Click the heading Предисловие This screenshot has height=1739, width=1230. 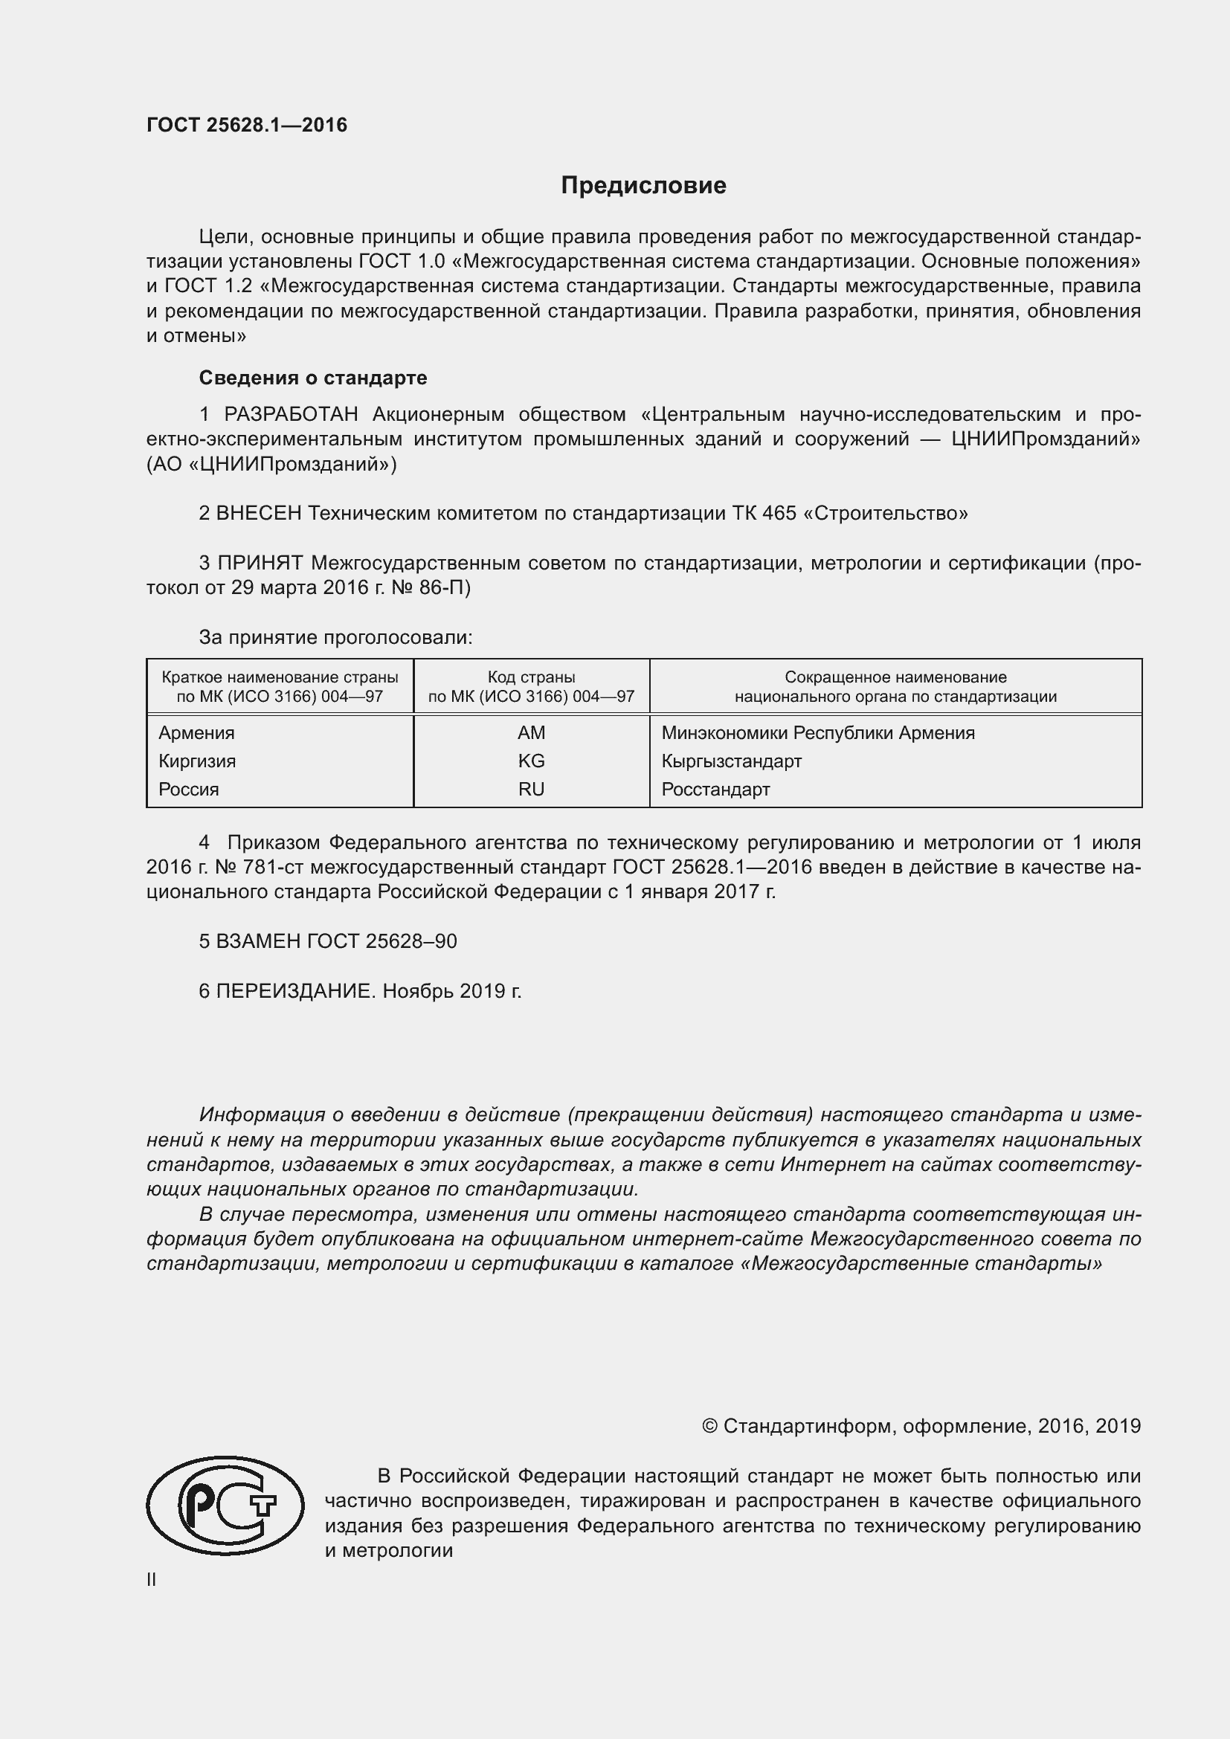point(643,186)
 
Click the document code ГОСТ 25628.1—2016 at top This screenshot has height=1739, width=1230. point(247,125)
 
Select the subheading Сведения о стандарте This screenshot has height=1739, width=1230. point(313,377)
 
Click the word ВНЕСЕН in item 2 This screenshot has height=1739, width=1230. point(258,514)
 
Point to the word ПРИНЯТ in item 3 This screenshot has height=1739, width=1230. point(260,563)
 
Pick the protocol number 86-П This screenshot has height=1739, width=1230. point(454,588)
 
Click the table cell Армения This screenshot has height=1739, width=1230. point(196,732)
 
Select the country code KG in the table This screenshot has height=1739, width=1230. point(531,761)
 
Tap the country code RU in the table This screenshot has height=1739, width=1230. point(531,790)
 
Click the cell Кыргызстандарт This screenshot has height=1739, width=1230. point(731,761)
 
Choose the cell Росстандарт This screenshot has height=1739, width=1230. point(715,790)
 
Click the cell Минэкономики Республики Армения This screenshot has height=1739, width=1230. point(818,732)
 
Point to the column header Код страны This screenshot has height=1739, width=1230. point(531,677)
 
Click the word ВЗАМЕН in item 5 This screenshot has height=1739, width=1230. point(258,941)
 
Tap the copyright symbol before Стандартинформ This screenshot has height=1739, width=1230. point(709,1426)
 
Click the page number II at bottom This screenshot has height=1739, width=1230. point(152,1579)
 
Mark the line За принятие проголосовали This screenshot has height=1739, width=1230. point(335,638)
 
